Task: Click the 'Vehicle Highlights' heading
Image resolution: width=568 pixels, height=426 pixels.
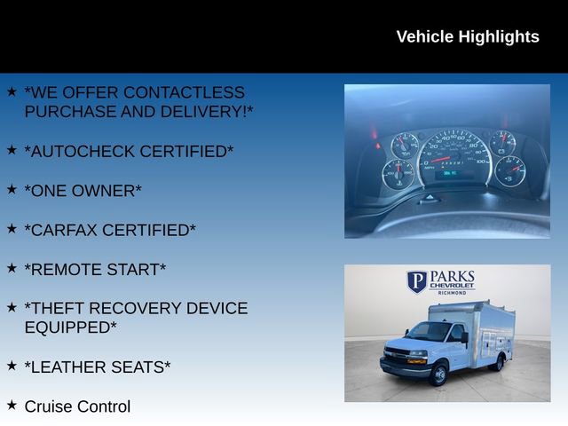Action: click(467, 36)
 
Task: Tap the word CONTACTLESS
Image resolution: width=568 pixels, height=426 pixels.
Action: click(185, 92)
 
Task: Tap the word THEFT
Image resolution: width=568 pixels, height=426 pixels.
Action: click(59, 308)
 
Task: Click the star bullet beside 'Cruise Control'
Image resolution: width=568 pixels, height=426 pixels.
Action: click(12, 405)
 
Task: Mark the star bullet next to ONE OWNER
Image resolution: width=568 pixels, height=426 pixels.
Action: click(12, 189)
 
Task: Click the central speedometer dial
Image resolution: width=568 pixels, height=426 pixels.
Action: click(454, 158)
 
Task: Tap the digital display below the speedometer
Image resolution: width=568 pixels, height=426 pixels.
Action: click(450, 173)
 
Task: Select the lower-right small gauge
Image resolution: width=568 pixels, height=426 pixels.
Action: click(510, 170)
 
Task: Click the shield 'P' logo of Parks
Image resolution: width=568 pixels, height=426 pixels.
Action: click(417, 282)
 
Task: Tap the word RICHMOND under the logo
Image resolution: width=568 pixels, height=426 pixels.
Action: click(452, 292)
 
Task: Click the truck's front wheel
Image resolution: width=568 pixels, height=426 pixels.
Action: click(438, 375)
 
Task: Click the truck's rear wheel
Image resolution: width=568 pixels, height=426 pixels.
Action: click(498, 362)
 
